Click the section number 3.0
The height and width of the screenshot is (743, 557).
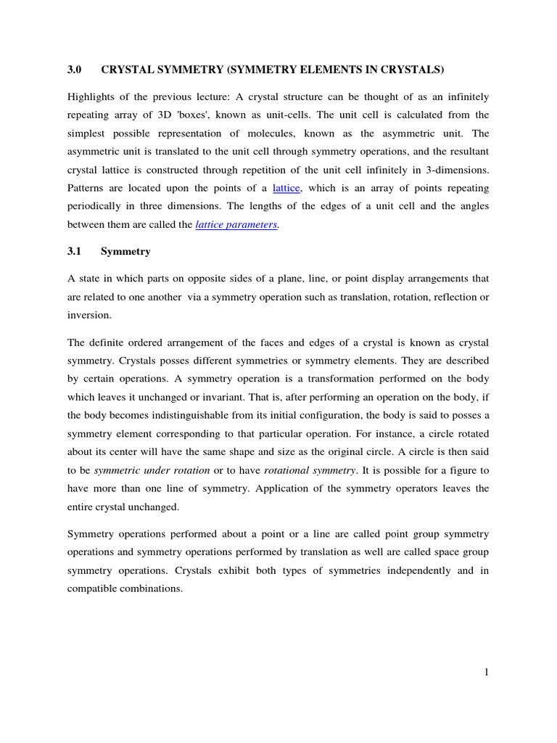coord(74,70)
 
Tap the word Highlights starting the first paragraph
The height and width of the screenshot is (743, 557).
coord(92,97)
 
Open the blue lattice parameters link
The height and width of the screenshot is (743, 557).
coord(236,224)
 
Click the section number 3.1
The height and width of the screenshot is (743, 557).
coord(74,251)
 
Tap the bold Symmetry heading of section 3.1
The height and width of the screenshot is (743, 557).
coord(125,251)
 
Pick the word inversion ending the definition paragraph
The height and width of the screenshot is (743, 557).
coord(89,315)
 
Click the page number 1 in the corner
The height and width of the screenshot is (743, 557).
coord(487,672)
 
